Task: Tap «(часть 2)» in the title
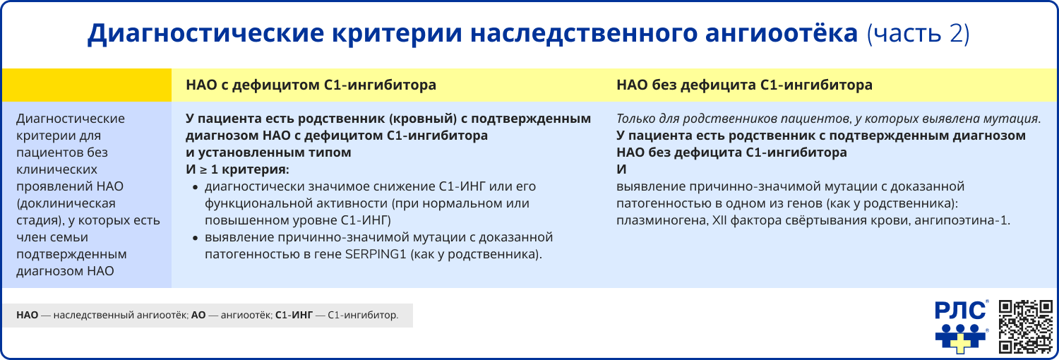click(918, 34)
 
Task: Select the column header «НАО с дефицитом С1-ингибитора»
click(311, 85)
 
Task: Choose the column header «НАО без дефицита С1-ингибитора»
click(744, 85)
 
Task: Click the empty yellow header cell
click(86, 85)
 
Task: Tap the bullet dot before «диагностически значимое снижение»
click(196, 187)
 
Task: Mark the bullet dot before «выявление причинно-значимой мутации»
click(196, 238)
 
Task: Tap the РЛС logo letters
click(961, 310)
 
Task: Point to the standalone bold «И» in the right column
click(621, 169)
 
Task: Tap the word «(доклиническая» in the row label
click(65, 204)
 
